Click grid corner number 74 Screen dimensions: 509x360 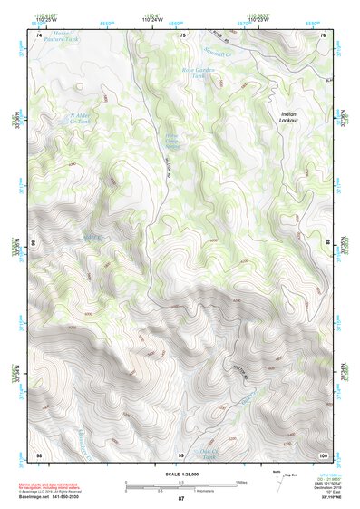click(39, 34)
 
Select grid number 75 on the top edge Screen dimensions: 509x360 click(182, 34)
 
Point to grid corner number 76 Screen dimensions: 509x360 click(323, 34)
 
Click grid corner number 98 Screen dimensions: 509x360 click(39, 453)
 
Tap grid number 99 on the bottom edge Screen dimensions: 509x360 click(182, 453)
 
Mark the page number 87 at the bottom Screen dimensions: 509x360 click(180, 499)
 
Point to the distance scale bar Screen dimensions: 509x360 click(180, 485)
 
